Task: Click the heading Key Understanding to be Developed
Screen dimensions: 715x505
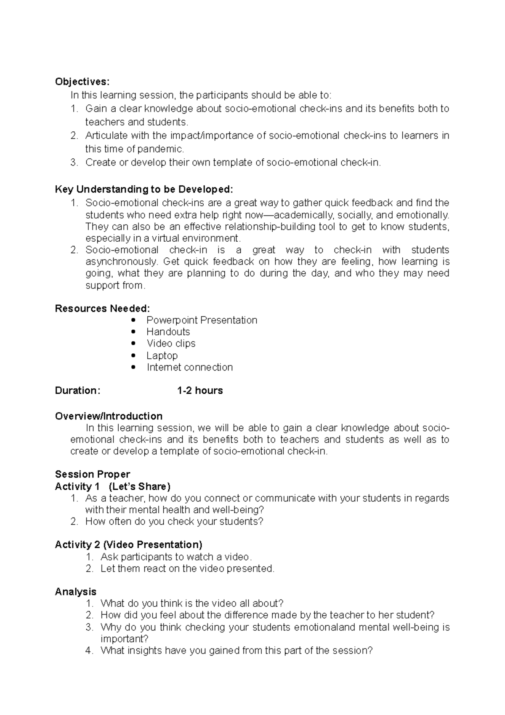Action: (x=144, y=189)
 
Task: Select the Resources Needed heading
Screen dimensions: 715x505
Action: (x=102, y=308)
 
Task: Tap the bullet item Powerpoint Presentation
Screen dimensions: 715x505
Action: (x=202, y=320)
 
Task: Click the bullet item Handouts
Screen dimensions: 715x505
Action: (x=168, y=332)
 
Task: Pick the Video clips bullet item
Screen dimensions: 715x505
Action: (x=171, y=343)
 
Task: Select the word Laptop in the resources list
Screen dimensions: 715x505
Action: (x=162, y=355)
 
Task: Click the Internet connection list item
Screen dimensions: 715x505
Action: (x=189, y=367)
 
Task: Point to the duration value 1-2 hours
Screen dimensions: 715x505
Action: (x=200, y=390)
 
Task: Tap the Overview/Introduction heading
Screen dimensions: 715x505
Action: (x=109, y=416)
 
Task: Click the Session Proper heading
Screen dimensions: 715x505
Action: (x=93, y=474)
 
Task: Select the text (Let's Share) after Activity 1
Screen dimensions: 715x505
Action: (x=139, y=486)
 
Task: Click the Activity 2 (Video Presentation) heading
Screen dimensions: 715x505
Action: (x=128, y=544)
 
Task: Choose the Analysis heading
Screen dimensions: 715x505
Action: (x=76, y=592)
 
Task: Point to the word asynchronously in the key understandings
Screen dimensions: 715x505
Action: (x=122, y=261)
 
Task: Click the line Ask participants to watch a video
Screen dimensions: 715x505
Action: (x=176, y=557)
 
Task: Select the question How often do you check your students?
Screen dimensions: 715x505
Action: (x=174, y=521)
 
